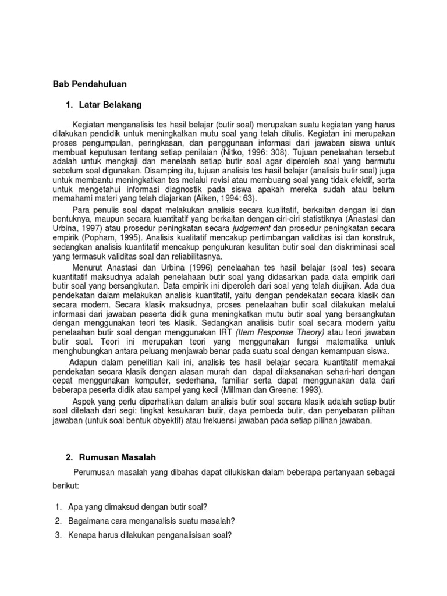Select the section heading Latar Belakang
tap(109, 105)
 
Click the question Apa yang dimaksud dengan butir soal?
tap(139, 506)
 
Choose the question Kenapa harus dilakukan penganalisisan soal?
tap(150, 535)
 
